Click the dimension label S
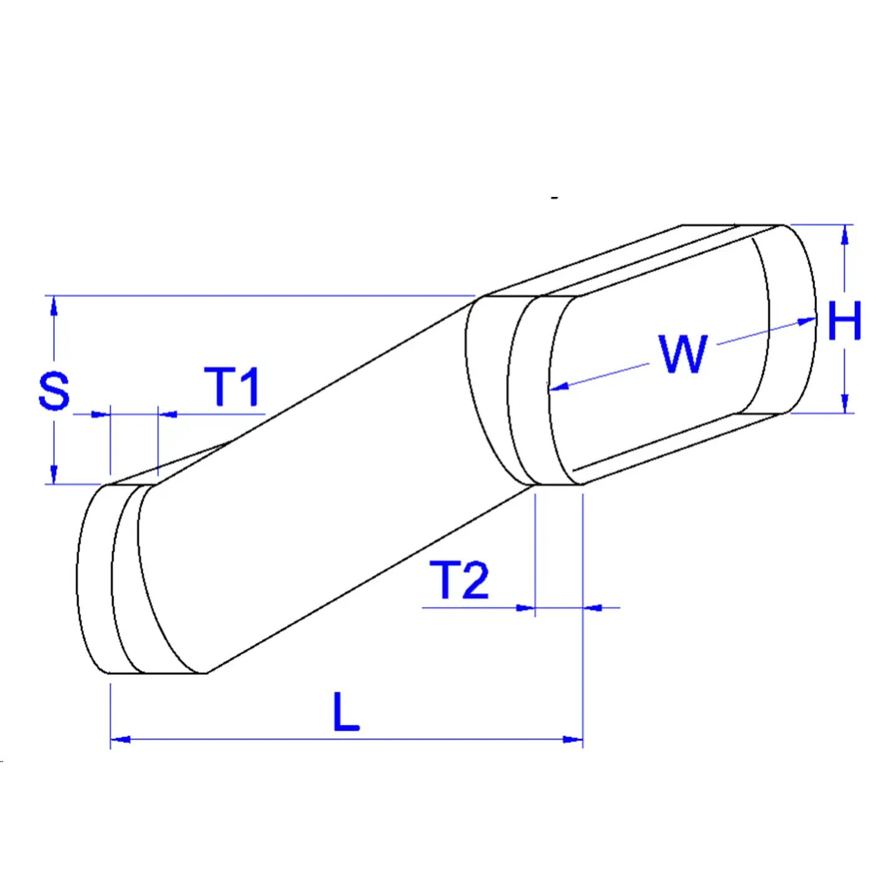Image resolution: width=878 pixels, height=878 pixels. [54, 391]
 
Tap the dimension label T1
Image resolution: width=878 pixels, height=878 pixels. [232, 386]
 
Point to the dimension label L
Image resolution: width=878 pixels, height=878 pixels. [346, 712]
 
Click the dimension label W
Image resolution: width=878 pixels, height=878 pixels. [682, 354]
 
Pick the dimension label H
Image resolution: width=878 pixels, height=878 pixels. [844, 321]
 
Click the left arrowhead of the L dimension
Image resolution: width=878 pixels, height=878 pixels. [120, 739]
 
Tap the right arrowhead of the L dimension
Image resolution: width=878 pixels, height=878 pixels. [573, 739]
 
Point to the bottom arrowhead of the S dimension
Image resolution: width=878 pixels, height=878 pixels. [54, 474]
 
